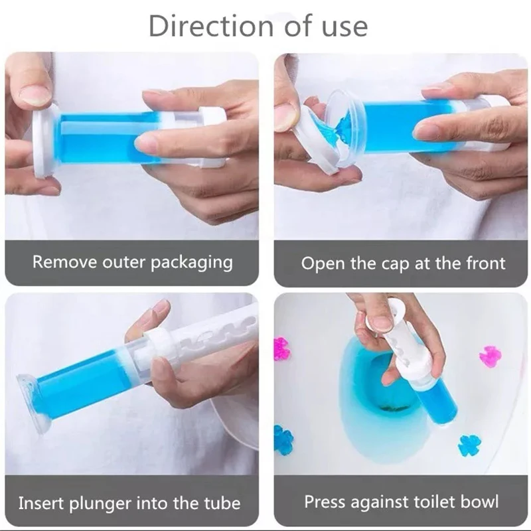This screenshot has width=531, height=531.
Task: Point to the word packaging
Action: point(192,262)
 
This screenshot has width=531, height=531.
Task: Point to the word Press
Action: point(325,502)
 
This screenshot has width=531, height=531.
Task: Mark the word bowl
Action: point(481,502)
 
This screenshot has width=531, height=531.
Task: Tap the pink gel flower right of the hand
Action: point(490,356)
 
